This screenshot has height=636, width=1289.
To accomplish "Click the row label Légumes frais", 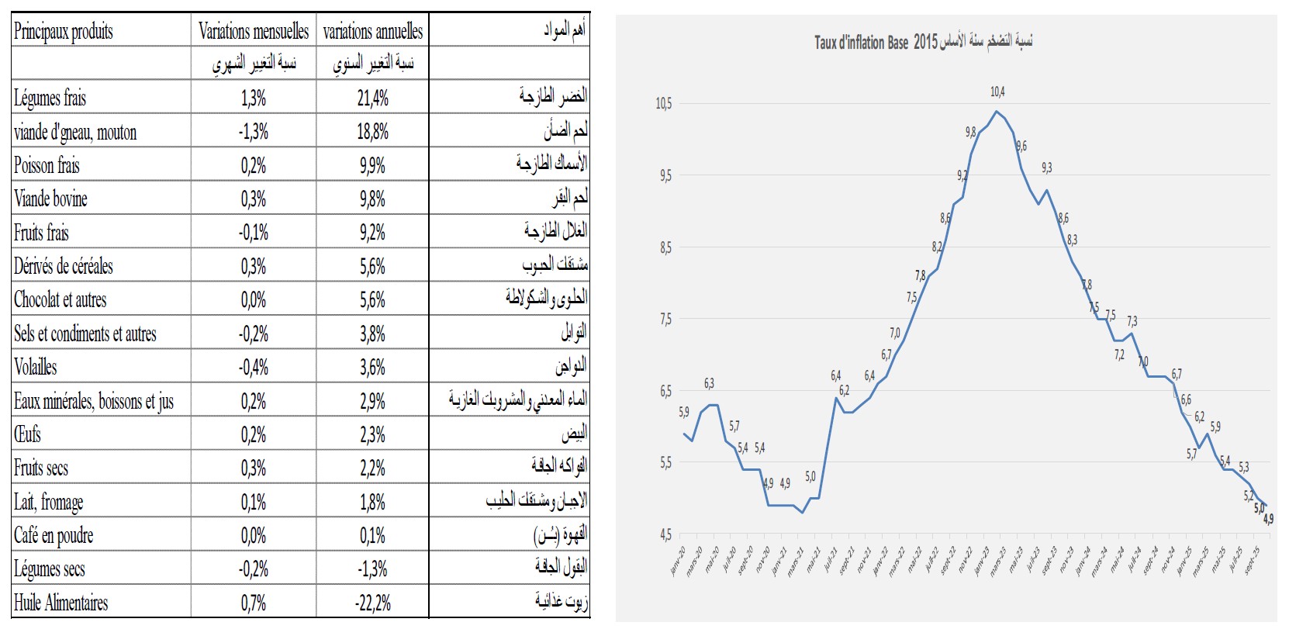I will (x=50, y=99).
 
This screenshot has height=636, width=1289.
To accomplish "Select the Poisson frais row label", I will (x=47, y=165).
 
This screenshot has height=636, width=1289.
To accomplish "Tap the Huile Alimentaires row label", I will (x=61, y=603).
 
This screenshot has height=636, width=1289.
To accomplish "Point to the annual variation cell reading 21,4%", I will (x=373, y=99).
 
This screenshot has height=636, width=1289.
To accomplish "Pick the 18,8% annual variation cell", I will (x=373, y=132).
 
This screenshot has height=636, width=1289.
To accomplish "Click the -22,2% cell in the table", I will (x=373, y=603).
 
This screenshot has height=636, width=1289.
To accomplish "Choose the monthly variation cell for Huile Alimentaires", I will (x=254, y=603).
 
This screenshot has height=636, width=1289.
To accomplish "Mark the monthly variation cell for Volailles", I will (x=254, y=367).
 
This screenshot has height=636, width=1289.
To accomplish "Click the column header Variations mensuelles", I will (x=254, y=31).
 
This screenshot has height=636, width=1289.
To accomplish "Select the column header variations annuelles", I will (x=373, y=31).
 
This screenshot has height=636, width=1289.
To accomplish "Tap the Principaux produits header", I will (x=64, y=31).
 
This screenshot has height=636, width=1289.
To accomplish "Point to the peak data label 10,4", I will (x=997, y=92).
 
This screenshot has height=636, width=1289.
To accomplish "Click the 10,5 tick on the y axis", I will (x=665, y=104).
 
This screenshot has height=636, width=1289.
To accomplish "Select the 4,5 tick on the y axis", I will (x=665, y=534).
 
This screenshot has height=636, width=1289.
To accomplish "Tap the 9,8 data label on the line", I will (x=970, y=133).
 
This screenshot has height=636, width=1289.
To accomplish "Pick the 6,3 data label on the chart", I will (x=709, y=384).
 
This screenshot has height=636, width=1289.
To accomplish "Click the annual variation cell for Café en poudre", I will (x=373, y=535).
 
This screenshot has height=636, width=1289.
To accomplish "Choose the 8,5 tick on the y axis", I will (x=665, y=248).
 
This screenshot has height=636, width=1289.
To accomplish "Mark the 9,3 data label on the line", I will (x=1047, y=168).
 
